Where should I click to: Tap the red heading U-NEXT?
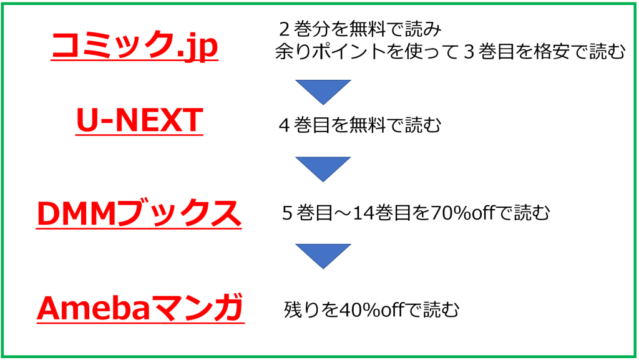[x=139, y=120]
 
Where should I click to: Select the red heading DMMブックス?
[x=139, y=213]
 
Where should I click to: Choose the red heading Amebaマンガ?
[x=140, y=308]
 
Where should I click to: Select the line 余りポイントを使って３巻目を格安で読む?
[x=449, y=52]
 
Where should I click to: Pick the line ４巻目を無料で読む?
[x=361, y=125]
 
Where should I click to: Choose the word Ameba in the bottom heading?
[x=94, y=308]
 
